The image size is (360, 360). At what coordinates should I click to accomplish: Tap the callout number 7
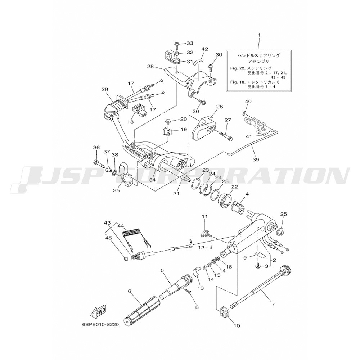(273, 305)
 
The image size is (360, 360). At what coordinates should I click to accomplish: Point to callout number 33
(190, 43)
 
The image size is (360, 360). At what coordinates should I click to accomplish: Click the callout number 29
(105, 90)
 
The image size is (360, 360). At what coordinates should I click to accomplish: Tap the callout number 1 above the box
(258, 36)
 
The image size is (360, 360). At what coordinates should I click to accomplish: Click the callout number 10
(237, 326)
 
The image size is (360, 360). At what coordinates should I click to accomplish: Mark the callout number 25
(283, 214)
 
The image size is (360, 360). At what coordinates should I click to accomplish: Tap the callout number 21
(176, 194)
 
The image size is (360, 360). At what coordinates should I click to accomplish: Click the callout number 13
(201, 288)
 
